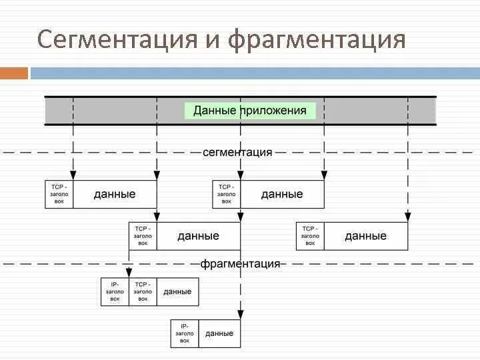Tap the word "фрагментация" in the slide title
317,39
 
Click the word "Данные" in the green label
215,111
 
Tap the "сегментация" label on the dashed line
237,152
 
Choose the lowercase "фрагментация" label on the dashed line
240,263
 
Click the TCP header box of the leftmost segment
59,194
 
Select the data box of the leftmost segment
115,194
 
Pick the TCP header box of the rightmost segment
310,236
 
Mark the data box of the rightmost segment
365,236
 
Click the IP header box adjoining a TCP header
115,291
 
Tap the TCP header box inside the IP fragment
143,291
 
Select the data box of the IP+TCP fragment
177,291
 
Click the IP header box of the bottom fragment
185,333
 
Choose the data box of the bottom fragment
219,333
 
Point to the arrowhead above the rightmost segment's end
407,216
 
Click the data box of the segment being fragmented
198,236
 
